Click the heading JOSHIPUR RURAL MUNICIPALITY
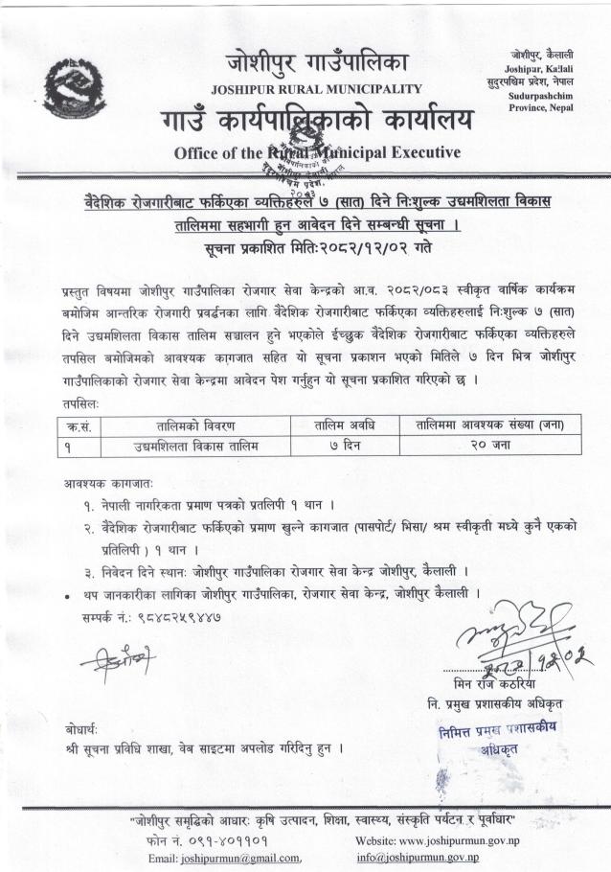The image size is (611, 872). (315, 89)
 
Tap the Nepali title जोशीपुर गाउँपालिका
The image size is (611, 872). (317, 62)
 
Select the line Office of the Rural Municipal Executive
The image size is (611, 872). (304, 152)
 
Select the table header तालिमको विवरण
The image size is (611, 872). (196, 425)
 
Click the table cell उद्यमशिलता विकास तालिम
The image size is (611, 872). (196, 445)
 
